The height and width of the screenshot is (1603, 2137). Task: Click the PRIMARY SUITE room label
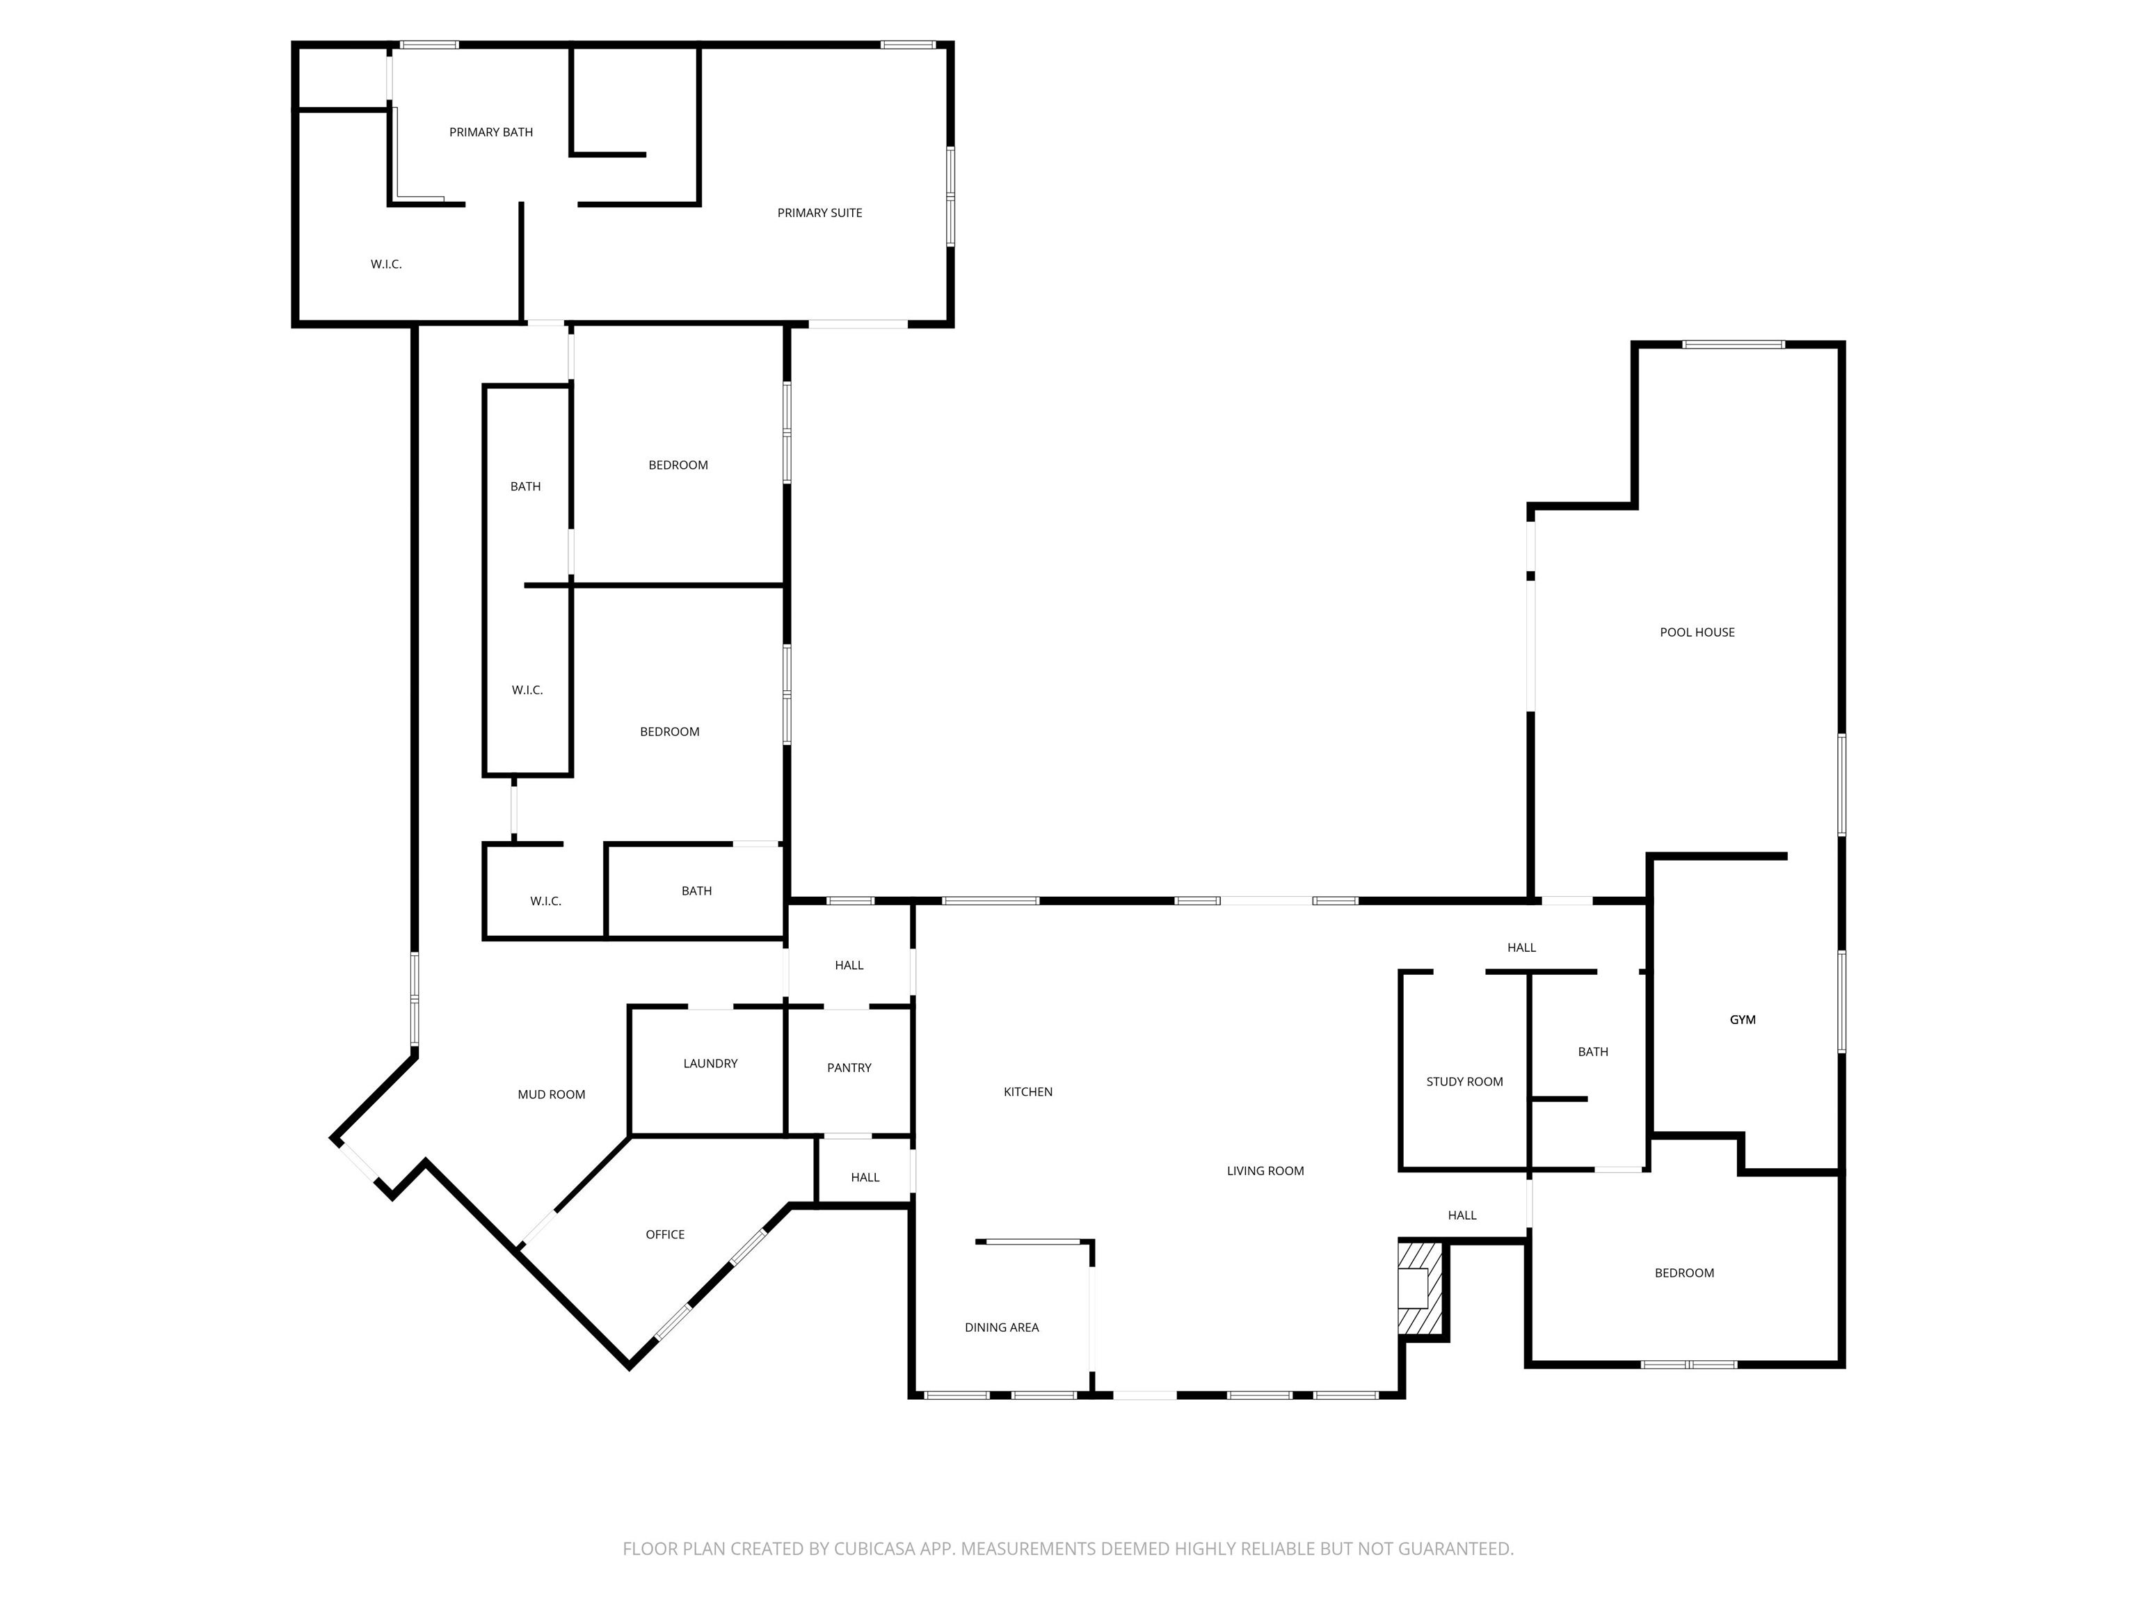click(x=819, y=213)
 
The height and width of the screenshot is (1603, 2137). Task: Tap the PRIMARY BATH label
click(x=491, y=132)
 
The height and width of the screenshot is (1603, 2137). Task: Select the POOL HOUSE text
click(x=1697, y=632)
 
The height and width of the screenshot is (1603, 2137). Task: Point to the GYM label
click(x=1742, y=1019)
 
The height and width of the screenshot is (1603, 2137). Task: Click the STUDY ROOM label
click(x=1464, y=1081)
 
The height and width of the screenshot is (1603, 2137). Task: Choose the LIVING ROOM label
click(x=1265, y=1170)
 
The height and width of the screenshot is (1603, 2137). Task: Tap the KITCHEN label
click(x=1028, y=1091)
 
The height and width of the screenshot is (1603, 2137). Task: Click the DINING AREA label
click(x=1002, y=1327)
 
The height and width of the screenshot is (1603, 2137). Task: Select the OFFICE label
click(x=664, y=1234)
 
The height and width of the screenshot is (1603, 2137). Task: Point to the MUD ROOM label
click(x=552, y=1094)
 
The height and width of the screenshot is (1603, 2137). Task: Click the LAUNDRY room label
click(x=710, y=1063)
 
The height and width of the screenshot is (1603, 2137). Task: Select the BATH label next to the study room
click(x=1593, y=1051)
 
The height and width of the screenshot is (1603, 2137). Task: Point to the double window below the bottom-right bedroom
click(x=1689, y=1364)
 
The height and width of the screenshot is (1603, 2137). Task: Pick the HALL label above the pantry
click(x=849, y=964)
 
